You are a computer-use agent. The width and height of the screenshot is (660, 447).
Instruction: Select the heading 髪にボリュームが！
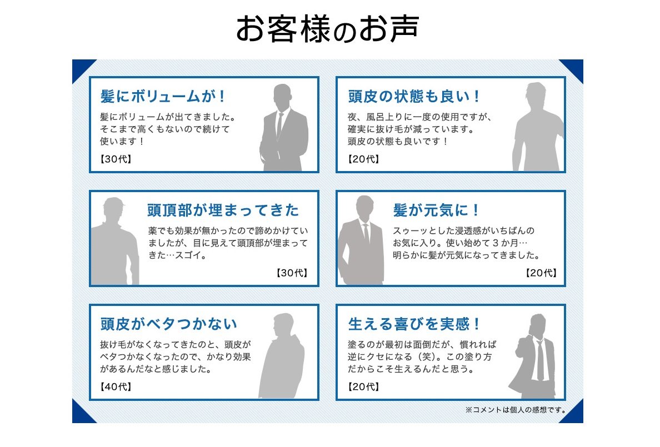(x=163, y=97)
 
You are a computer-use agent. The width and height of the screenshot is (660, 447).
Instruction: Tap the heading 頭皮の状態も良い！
(x=414, y=97)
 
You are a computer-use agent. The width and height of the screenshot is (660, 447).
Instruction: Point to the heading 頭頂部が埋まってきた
(x=223, y=210)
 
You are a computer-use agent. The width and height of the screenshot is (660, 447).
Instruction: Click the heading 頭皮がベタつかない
(x=168, y=324)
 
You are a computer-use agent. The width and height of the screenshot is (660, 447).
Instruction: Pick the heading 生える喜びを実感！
(x=414, y=324)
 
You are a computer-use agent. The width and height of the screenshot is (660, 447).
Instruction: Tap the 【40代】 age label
(x=116, y=386)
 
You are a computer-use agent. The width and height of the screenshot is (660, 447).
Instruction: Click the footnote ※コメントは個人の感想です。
(x=516, y=410)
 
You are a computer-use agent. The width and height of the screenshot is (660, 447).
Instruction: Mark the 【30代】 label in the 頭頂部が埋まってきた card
(x=291, y=273)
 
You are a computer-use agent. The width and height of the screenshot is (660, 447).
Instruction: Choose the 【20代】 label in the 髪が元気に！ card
(x=540, y=273)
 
